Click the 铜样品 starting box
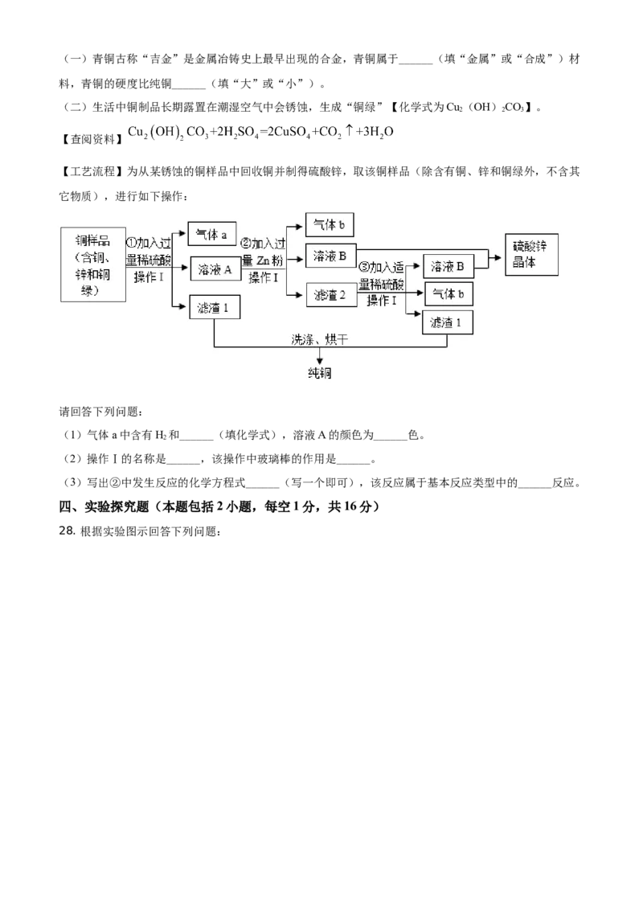[x=94, y=264]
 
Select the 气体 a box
[x=212, y=234]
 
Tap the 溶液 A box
[x=215, y=270]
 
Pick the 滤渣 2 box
[x=331, y=295]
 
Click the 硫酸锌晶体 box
[x=530, y=255]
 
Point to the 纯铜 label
[x=320, y=374]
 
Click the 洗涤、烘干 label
[x=320, y=340]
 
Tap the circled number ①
[x=132, y=243]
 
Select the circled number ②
[x=247, y=243]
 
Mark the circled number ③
[x=363, y=267]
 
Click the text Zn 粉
[x=270, y=259]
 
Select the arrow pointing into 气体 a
[x=183, y=234]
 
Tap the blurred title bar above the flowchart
[x=260, y=132]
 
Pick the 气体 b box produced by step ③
[x=448, y=294]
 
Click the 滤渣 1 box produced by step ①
[x=214, y=307]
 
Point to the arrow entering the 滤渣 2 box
[x=302, y=295]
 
